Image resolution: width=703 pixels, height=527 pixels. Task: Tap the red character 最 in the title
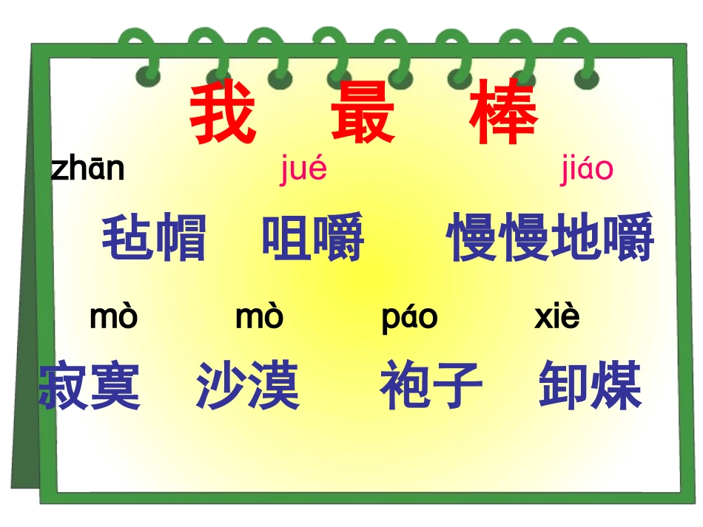(363, 115)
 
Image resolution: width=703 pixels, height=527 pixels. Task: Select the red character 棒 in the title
(505, 115)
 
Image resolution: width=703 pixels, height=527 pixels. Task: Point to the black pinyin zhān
(87, 169)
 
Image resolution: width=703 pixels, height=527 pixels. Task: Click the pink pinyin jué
(303, 170)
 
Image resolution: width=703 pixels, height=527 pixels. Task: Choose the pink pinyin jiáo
(586, 170)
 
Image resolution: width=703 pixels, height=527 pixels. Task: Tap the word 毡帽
(154, 238)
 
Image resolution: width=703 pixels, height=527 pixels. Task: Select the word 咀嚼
(313, 238)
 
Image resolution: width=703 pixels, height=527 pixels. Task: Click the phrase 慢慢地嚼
(551, 238)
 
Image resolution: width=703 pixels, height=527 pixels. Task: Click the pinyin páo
(409, 318)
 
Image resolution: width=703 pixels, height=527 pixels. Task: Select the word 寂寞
(90, 386)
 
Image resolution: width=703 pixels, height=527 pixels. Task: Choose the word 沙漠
(248, 386)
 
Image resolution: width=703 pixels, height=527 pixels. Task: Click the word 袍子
(431, 386)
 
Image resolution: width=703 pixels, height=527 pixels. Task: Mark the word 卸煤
(590, 386)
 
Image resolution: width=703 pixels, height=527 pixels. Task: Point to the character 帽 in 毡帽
(181, 238)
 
